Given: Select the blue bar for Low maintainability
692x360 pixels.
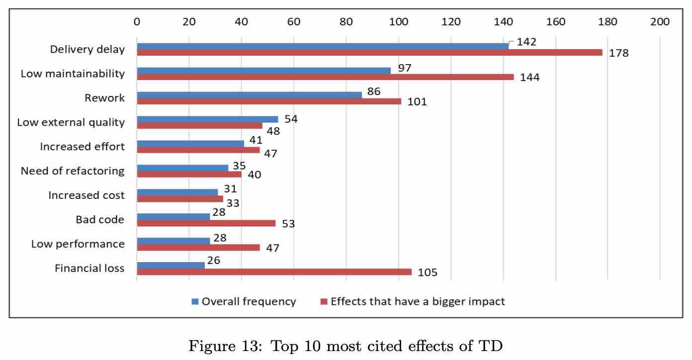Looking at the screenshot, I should coord(263,71).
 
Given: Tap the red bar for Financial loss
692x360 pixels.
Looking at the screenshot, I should coord(274,272).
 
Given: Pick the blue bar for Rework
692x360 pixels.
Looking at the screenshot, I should coord(249,95).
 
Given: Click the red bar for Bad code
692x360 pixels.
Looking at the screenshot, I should coord(206,223).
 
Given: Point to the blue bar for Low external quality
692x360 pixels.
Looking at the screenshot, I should coord(207,119).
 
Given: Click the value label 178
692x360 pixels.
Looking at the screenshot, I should coord(619,53).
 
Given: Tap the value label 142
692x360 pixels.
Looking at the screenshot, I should coord(526,42).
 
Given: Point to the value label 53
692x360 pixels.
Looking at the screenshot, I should coord(288,224).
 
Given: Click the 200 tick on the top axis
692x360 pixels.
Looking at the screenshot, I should coord(660,21).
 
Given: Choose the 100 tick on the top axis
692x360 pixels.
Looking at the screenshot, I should coord(398,21).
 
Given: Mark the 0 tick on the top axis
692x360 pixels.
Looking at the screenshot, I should coord(137,21).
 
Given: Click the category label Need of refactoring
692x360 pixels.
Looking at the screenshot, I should coord(73,171).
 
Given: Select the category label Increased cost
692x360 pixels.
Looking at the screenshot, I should coord(86,195).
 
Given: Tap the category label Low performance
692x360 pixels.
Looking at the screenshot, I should coord(78,244).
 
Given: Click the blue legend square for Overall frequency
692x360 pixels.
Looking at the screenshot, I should coord(195,301).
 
